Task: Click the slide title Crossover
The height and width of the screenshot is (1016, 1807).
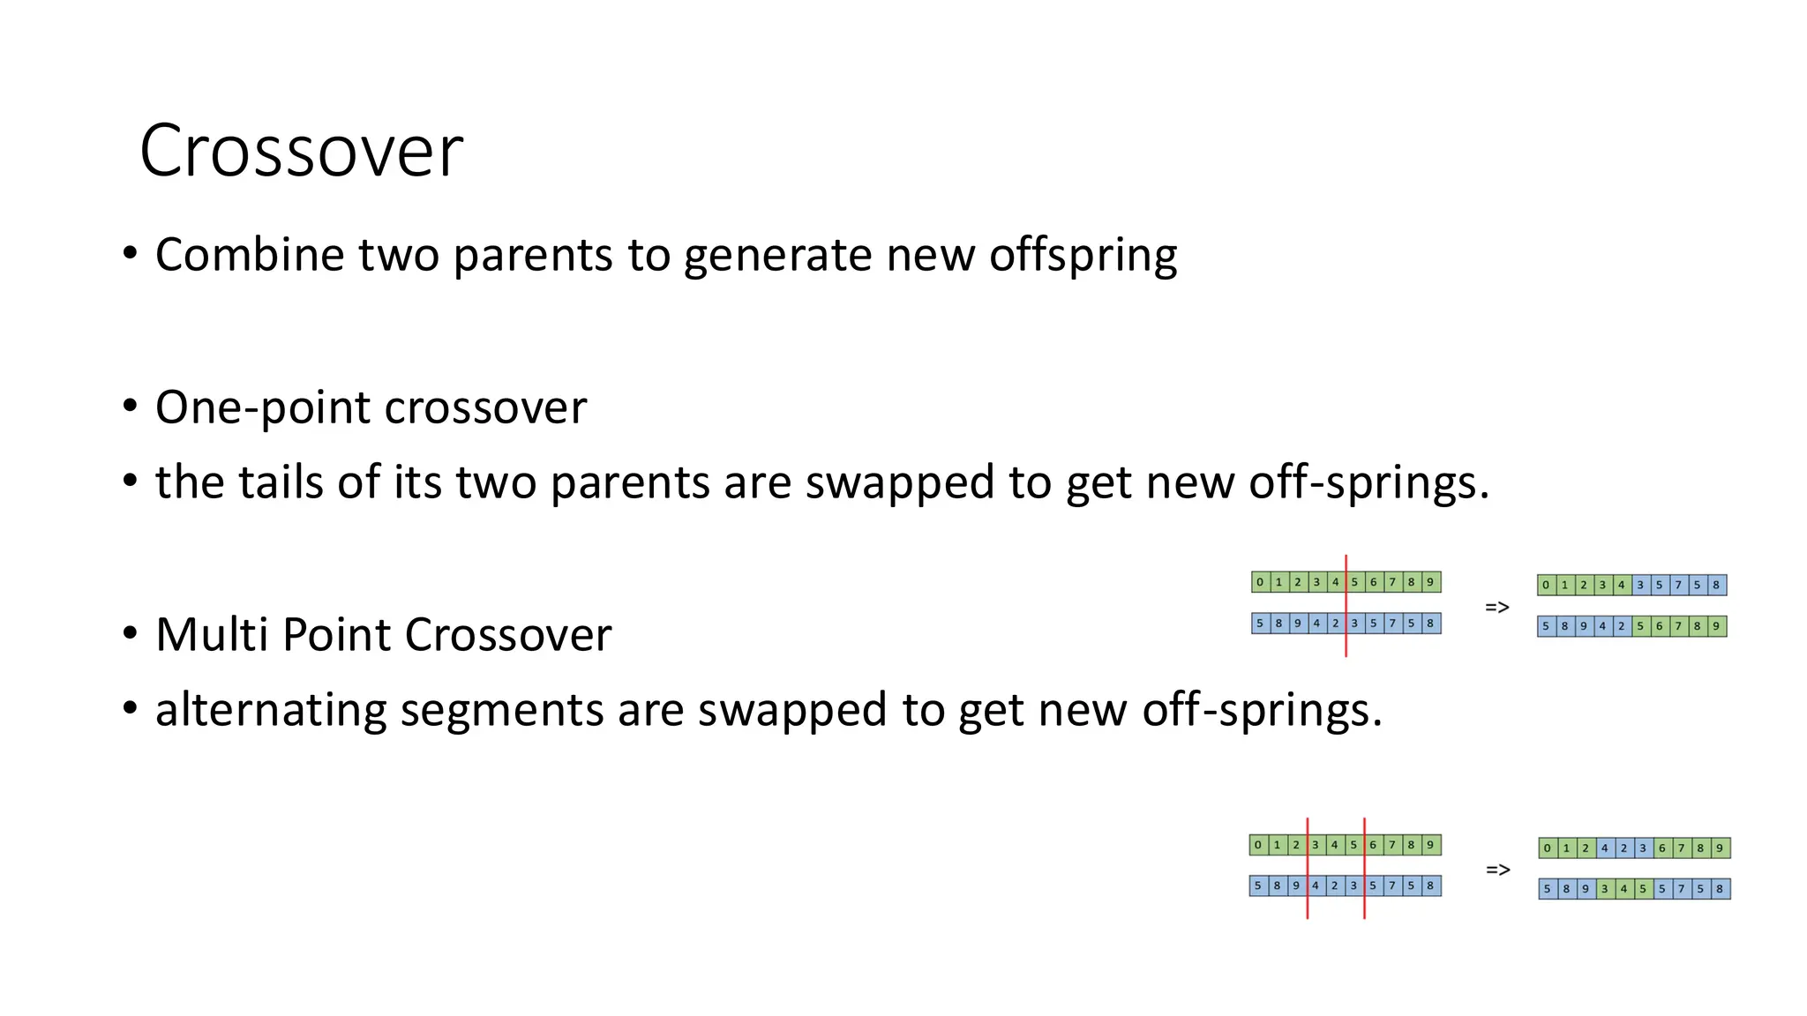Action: pyautogui.click(x=301, y=151)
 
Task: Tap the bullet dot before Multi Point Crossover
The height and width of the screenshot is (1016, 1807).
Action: pyautogui.click(x=131, y=633)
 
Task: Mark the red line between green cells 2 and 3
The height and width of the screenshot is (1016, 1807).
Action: pyautogui.click(x=1307, y=868)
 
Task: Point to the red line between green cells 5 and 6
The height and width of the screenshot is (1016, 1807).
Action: pyautogui.click(x=1364, y=868)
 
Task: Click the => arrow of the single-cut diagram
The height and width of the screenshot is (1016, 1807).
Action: pyautogui.click(x=1497, y=607)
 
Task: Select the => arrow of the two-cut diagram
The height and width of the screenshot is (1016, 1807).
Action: pyautogui.click(x=1498, y=870)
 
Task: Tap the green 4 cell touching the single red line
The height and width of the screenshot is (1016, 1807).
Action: pyautogui.click(x=1335, y=582)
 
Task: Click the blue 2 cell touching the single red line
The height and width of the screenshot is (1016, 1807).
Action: pyautogui.click(x=1335, y=624)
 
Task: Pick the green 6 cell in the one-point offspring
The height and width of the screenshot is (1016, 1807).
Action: pyautogui.click(x=1659, y=626)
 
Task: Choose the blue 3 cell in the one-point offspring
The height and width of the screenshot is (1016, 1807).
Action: pyautogui.click(x=1640, y=585)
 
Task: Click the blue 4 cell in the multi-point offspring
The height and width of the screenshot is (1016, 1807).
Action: pyautogui.click(x=1605, y=848)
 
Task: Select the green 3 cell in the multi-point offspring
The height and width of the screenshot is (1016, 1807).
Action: pyautogui.click(x=1605, y=889)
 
